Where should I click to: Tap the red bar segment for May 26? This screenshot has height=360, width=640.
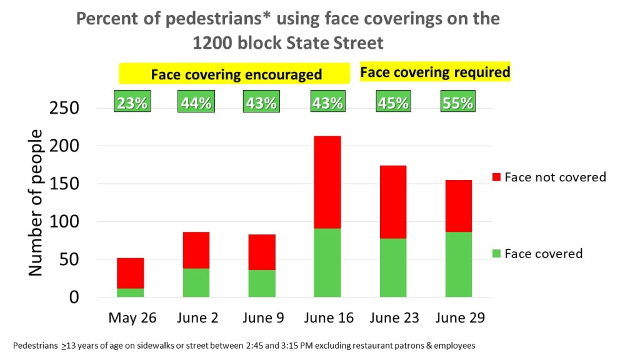click(131, 273)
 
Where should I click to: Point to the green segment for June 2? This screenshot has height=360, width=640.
click(197, 282)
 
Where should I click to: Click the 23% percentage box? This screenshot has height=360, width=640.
click(132, 102)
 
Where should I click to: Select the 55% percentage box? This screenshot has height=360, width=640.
click(458, 102)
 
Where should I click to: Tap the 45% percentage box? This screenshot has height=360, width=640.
click(393, 102)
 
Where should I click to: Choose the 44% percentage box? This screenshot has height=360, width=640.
click(197, 102)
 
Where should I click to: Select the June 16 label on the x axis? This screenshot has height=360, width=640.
click(329, 317)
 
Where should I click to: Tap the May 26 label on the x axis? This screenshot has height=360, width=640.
click(132, 317)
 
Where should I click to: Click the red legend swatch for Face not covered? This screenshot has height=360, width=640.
click(497, 177)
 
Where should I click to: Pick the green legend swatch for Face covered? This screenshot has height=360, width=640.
click(497, 254)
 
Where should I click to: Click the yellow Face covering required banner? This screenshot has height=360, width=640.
click(436, 72)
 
